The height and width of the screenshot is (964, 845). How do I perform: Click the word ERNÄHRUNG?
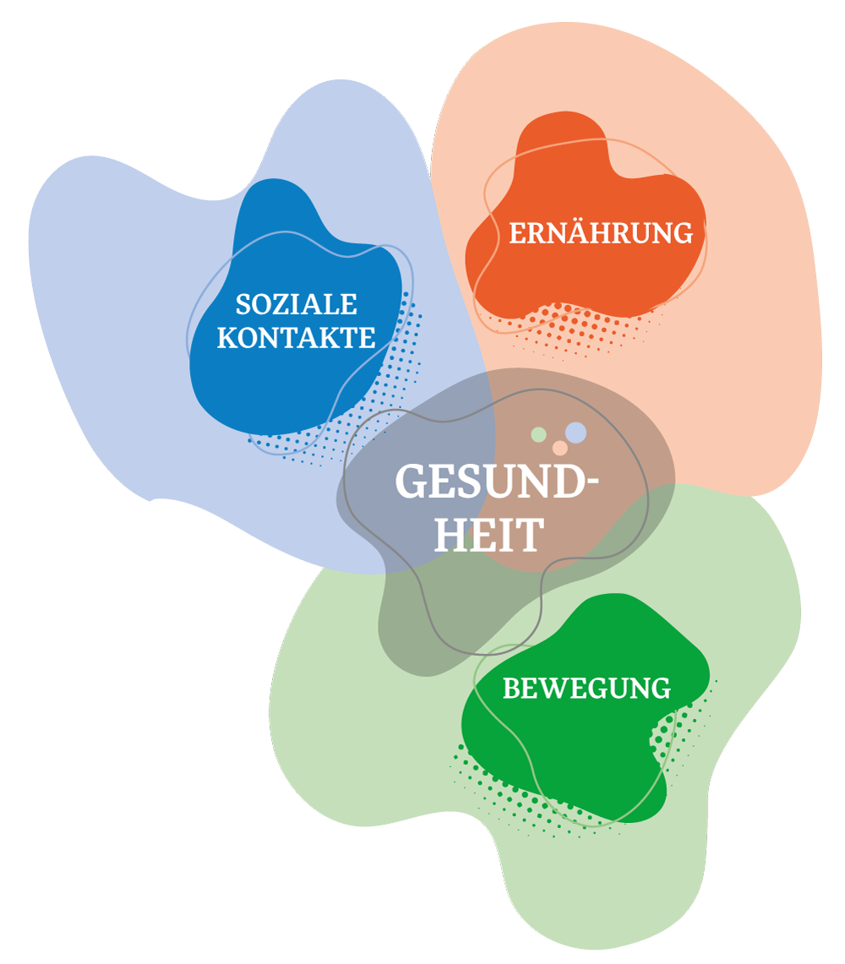600,233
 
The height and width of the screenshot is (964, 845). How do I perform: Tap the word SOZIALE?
296,304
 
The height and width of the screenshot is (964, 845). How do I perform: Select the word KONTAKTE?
296,338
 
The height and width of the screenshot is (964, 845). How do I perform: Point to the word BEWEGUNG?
586,689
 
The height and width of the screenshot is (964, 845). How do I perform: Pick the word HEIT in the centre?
488,535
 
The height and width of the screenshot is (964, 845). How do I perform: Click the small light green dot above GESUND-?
538,434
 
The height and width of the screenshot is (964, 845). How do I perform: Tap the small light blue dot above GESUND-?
575,433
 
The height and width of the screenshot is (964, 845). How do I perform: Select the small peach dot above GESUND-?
559,448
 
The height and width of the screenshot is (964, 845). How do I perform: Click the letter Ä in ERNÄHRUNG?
569,232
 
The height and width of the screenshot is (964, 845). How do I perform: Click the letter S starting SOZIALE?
243,305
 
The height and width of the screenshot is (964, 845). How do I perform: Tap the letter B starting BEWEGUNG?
510,689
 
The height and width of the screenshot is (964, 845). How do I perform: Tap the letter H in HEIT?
450,535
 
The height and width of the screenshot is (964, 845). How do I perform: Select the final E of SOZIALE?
350,305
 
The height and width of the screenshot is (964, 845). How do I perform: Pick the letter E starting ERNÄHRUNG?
517,234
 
